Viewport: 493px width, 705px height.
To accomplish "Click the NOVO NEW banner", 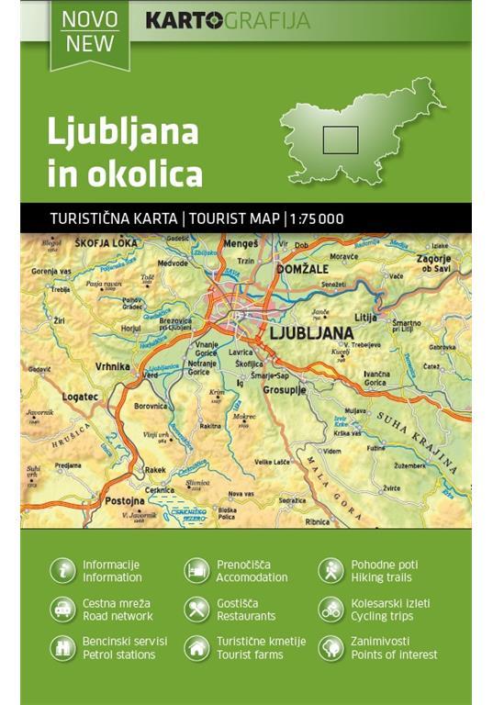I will click(x=89, y=32).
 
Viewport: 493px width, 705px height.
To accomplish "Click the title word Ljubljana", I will click(x=122, y=131).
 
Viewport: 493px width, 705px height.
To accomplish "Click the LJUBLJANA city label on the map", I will click(x=308, y=331).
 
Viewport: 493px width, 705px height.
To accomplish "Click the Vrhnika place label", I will click(x=112, y=365).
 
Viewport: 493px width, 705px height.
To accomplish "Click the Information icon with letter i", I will click(x=62, y=571).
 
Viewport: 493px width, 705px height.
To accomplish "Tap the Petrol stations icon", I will click(x=62, y=648).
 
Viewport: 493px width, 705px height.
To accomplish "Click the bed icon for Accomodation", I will click(x=196, y=571).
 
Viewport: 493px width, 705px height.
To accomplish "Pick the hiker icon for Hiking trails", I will click(x=331, y=571).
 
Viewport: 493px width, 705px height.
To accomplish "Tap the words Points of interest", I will click(x=394, y=655).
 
